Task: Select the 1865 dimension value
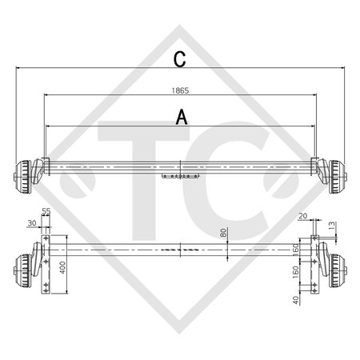pos(181,90)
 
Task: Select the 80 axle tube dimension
pos(224,234)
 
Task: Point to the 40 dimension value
pos(297,301)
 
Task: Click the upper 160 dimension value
pos(297,250)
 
